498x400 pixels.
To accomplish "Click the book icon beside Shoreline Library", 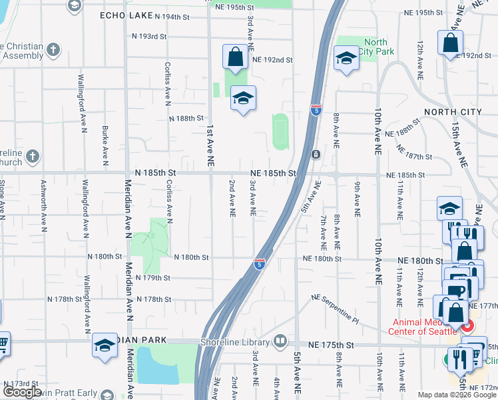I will click(280, 343).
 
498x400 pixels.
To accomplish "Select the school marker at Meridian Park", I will click(105, 345).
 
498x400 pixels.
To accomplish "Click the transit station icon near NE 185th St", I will click(316, 155).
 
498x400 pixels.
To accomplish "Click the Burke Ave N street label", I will click(105, 145).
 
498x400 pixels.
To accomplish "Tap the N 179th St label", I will click(153, 277).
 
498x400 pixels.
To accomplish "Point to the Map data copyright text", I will click(457, 395).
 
